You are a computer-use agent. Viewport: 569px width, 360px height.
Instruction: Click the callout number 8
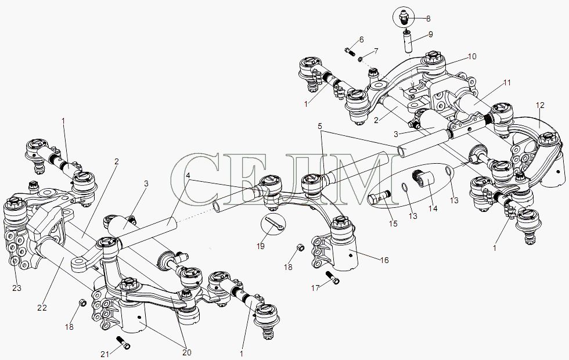point(428,19)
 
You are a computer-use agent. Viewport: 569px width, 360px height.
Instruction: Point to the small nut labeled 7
point(361,58)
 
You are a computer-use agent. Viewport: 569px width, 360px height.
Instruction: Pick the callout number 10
point(471,57)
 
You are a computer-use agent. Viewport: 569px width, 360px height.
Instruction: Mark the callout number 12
point(540,106)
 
